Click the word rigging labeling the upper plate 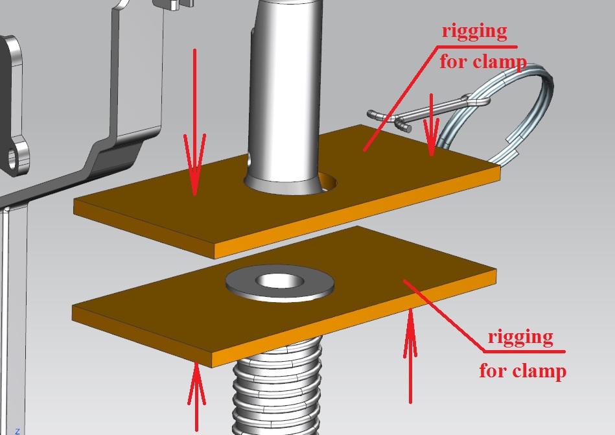coord(474,31)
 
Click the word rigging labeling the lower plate coord(520,337)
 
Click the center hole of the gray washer coord(280,281)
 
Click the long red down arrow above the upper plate coord(194,122)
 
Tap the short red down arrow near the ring coord(432,124)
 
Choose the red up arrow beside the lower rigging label coord(410,356)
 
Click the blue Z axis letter coord(17,432)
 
